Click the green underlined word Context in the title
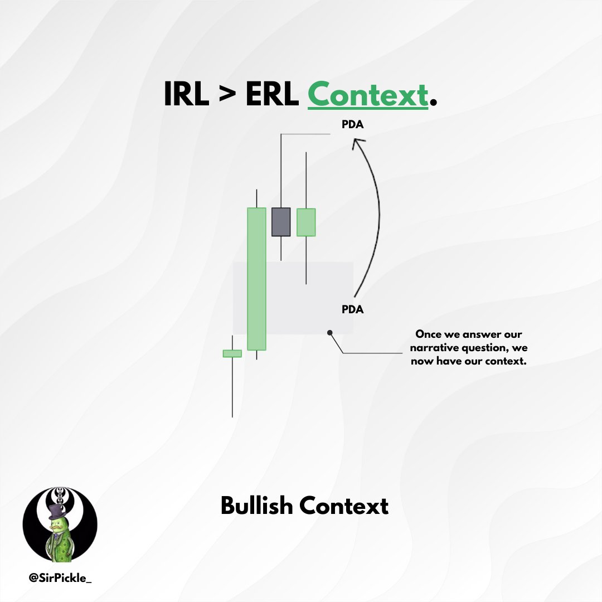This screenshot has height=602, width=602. tap(367, 95)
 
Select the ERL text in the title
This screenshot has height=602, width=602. tap(271, 95)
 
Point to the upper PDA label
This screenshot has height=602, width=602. tap(352, 124)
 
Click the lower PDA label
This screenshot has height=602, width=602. tap(352, 309)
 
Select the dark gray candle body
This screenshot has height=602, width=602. tap(281, 221)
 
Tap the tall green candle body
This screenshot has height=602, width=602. tap(256, 279)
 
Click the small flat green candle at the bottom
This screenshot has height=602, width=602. tap(232, 353)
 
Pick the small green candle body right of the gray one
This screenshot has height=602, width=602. tap(306, 222)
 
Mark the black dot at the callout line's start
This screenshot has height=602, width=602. tap(330, 333)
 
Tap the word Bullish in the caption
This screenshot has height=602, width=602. tap(257, 506)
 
